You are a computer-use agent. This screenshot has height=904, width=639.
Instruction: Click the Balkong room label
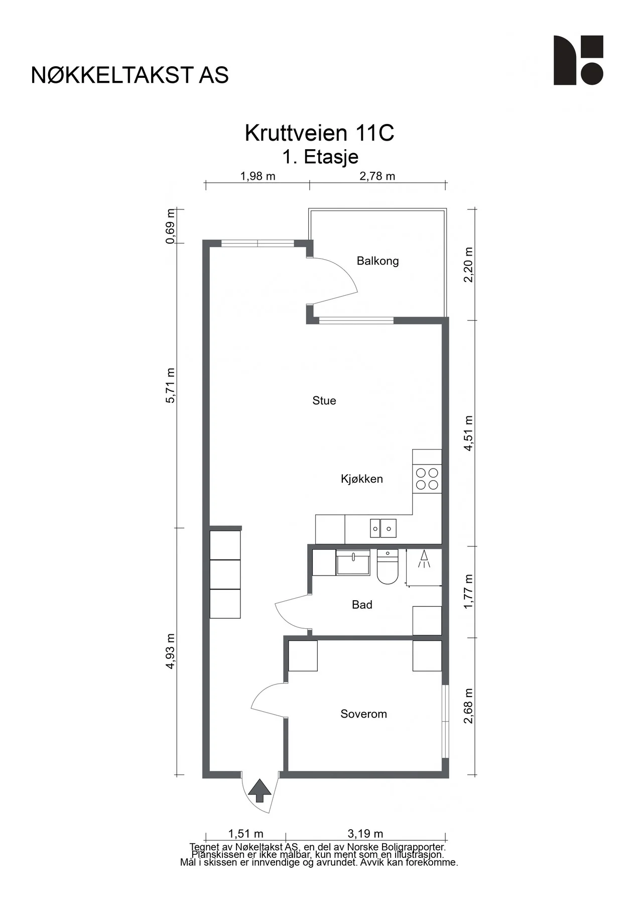(377, 261)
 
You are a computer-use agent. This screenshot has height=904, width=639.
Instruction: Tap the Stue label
(324, 400)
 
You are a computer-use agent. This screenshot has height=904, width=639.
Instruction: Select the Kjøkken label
(362, 479)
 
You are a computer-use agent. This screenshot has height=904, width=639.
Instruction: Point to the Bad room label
(362, 605)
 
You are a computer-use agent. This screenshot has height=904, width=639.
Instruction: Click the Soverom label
(364, 714)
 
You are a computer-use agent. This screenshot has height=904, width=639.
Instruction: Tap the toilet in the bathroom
(387, 567)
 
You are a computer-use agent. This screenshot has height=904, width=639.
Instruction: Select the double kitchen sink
(383, 528)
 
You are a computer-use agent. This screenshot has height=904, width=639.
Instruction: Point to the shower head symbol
(424, 558)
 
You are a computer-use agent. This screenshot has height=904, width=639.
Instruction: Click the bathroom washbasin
(353, 562)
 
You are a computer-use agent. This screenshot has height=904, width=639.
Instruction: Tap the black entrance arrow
(260, 790)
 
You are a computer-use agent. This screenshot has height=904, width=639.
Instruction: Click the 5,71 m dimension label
(171, 385)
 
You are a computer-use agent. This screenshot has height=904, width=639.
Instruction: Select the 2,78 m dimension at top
(377, 176)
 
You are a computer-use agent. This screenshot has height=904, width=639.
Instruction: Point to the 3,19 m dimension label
(365, 834)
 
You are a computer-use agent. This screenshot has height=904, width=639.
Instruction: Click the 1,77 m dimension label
(468, 592)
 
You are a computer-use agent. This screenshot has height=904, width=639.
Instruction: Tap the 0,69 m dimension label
(171, 226)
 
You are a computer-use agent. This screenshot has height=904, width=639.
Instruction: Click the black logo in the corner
(578, 60)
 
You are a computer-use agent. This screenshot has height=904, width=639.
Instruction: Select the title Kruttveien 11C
(320, 133)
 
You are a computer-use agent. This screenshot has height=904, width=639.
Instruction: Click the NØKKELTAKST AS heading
(130, 75)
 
